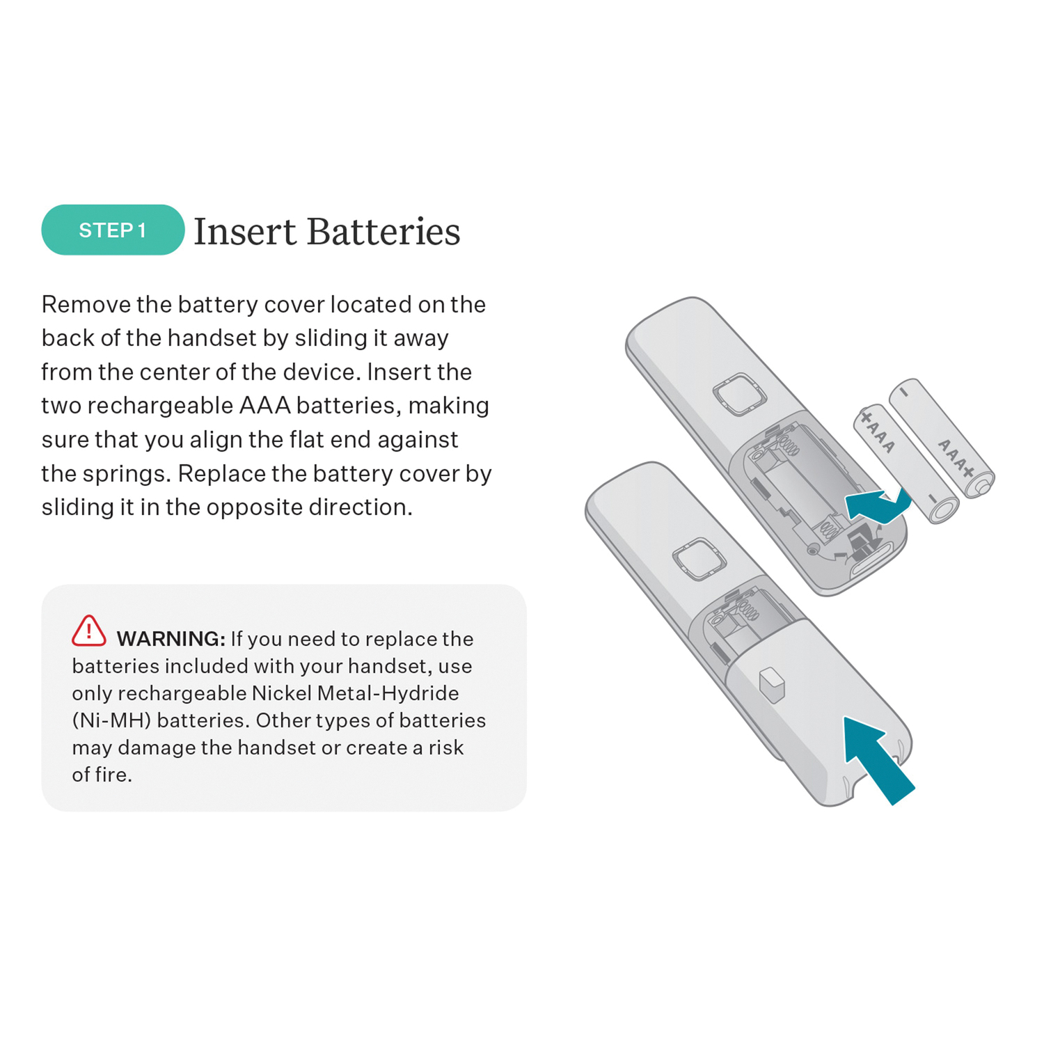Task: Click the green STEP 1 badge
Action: pos(113,230)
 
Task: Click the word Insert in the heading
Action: pos(245,231)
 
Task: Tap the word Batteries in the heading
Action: pos(383,231)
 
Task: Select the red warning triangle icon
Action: pos(89,631)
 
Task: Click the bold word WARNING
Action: pos(171,639)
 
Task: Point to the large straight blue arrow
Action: pos(878,760)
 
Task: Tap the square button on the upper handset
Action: pos(739,394)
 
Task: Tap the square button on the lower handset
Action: pos(699,559)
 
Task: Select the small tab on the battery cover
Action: pos(772,684)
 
